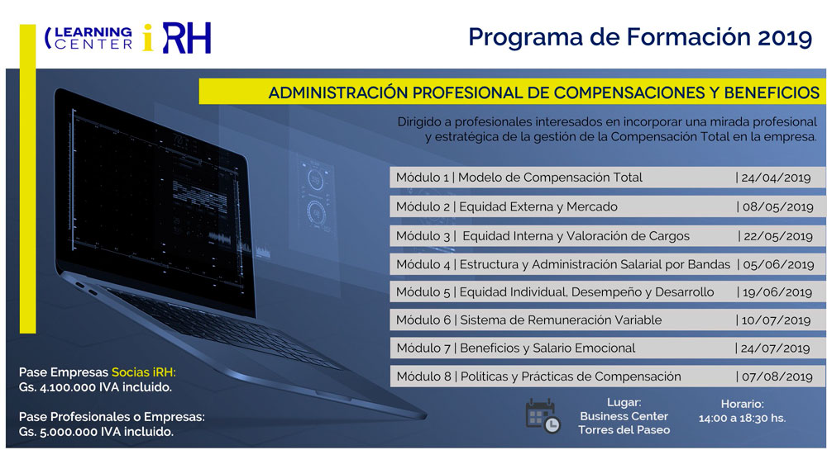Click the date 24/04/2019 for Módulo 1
pyautogui.click(x=775, y=178)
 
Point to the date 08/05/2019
pyautogui.click(x=775, y=206)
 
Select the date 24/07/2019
pyautogui.click(x=775, y=348)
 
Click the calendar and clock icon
pyautogui.click(x=543, y=416)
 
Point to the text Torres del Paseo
pyautogui.click(x=624, y=430)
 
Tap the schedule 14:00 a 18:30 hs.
pyautogui.click(x=741, y=419)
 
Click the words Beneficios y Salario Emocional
pyautogui.click(x=547, y=348)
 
